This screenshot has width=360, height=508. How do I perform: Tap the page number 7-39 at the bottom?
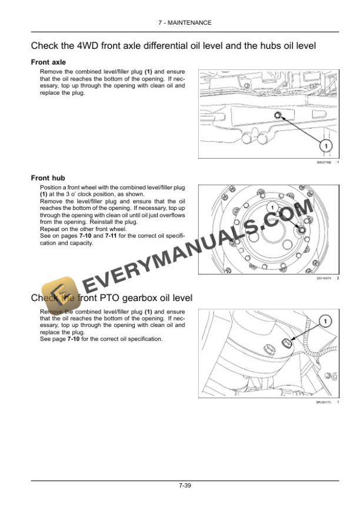pos(185,485)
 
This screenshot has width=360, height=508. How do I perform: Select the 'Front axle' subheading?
pos(48,62)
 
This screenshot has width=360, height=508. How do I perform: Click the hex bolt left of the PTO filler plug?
pos(268,348)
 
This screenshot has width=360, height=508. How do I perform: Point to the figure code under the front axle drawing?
pos(324,162)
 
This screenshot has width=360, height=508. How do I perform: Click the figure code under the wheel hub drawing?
pos(324,278)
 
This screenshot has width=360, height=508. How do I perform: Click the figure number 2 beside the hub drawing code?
pos(338,278)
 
